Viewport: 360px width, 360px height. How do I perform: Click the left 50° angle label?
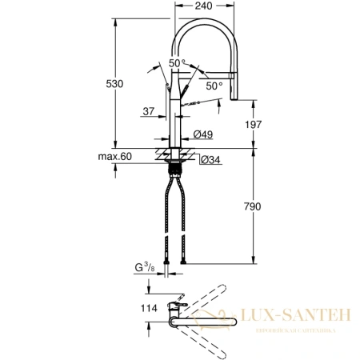[176, 63]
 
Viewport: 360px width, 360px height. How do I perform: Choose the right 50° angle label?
[214, 86]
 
